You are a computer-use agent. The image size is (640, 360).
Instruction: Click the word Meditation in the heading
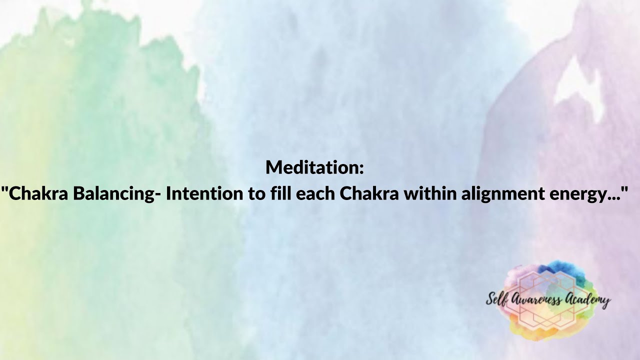(x=311, y=167)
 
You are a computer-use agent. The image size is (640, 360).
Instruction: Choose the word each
(x=315, y=193)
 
